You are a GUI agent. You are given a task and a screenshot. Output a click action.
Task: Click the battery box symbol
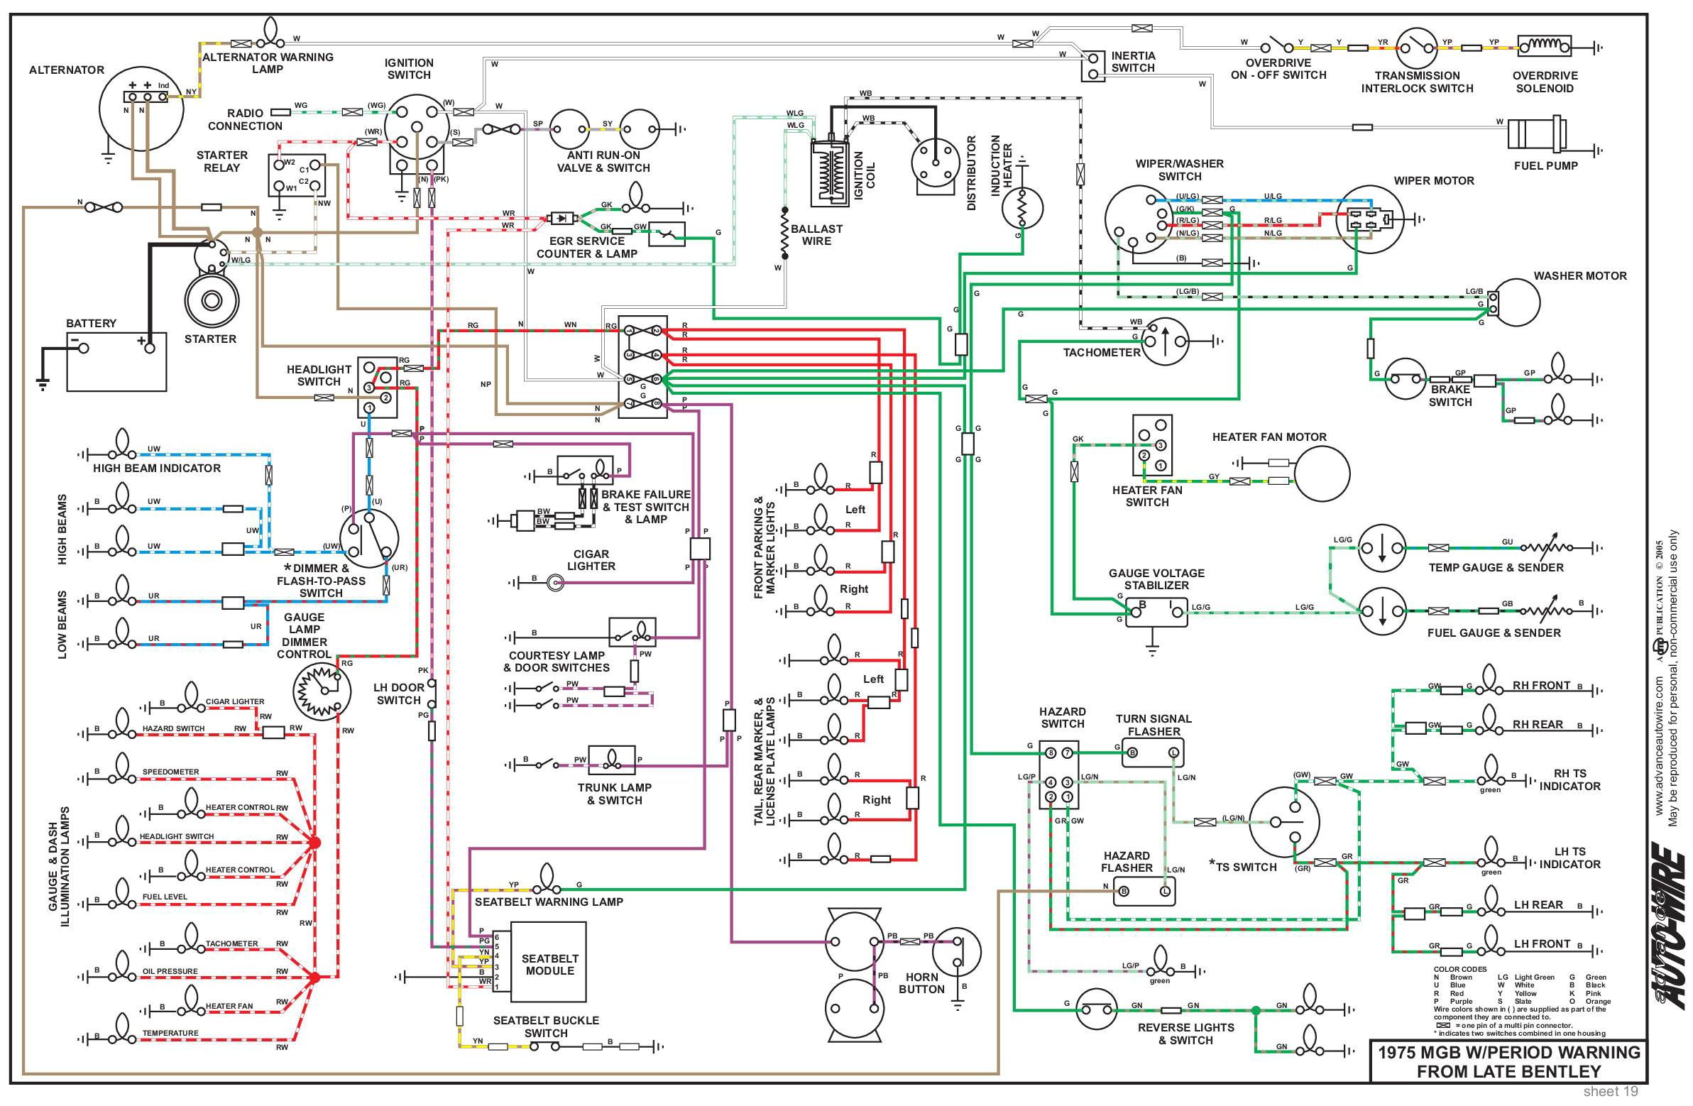coord(116,361)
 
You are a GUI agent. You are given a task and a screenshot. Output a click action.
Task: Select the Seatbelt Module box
coord(549,962)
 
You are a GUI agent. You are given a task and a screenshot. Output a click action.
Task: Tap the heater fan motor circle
coord(1322,473)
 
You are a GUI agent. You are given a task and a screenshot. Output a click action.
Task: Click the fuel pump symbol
coord(1537,133)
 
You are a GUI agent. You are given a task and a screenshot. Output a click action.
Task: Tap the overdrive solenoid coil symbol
coord(1544,46)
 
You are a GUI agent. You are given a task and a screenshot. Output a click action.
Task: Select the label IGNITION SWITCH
coord(408,69)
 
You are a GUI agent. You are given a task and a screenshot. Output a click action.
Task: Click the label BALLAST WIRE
coord(816,235)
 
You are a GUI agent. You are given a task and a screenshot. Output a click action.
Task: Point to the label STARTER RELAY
coord(222,161)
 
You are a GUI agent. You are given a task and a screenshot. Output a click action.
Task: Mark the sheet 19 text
coord(1611,1092)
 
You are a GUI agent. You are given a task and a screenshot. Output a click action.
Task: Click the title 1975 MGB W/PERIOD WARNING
coord(1508,1053)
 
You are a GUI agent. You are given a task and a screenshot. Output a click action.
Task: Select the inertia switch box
coord(1092,66)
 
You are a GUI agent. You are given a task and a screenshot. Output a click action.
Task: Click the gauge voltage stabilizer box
coord(1156,612)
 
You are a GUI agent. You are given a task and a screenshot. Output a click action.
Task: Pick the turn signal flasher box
coord(1152,752)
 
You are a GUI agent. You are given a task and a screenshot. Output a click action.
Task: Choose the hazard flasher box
coord(1144,891)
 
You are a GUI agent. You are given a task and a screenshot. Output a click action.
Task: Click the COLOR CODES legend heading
coord(1459,970)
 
